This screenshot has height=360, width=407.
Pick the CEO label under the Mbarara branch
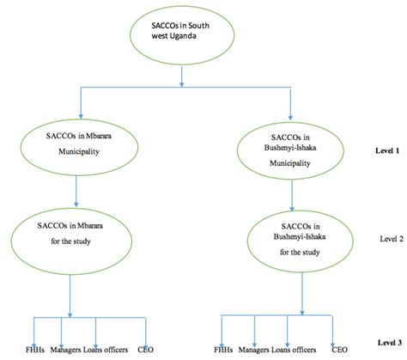coord(145,351)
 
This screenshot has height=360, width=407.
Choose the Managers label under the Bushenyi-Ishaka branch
coord(260,351)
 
